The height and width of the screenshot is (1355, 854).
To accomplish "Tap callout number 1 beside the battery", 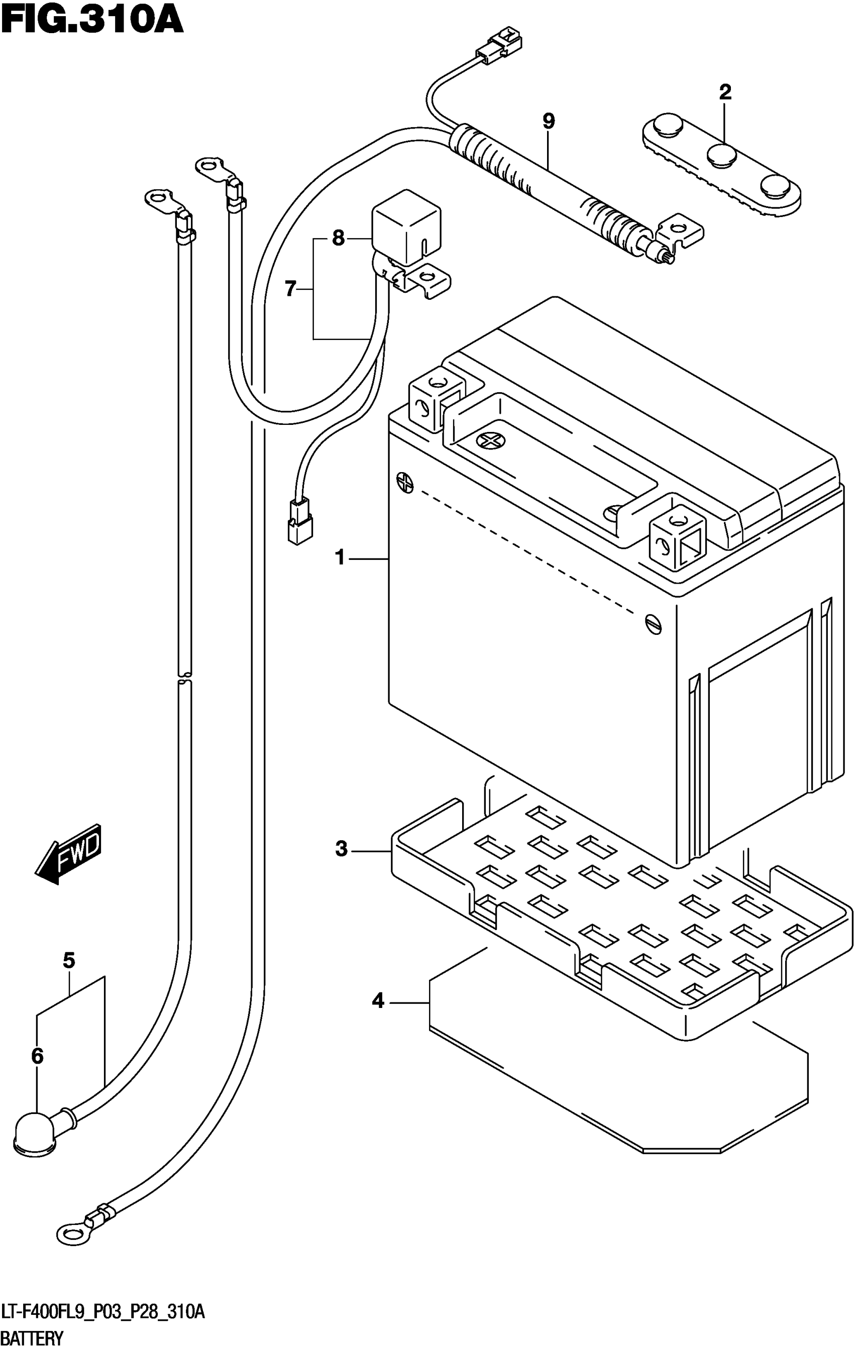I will pyautogui.click(x=340, y=558).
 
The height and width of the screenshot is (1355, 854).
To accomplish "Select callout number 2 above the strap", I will pyautogui.click(x=724, y=92).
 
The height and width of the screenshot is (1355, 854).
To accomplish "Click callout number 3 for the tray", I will pyautogui.click(x=341, y=849).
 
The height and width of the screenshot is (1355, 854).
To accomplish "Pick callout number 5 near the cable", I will pyautogui.click(x=69, y=960).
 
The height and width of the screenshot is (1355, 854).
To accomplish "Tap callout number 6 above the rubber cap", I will pyautogui.click(x=37, y=1056).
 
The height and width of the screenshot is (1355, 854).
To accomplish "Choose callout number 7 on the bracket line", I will pyautogui.click(x=290, y=289).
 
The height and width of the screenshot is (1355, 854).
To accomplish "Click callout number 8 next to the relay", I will pyautogui.click(x=338, y=238).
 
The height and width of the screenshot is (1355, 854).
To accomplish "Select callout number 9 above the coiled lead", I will pyautogui.click(x=548, y=121).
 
